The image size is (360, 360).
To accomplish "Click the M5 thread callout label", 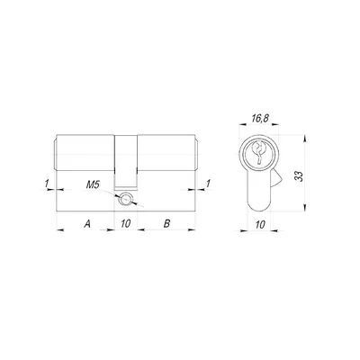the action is [93, 185].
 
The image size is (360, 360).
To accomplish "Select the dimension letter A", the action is [87, 224].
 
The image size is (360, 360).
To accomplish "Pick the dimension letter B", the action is [166, 224].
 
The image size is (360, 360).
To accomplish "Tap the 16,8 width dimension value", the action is [260, 119].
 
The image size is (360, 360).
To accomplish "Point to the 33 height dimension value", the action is [299, 176].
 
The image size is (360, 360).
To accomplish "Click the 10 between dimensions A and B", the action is [126, 224].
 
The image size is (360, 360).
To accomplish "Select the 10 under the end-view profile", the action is [260, 224].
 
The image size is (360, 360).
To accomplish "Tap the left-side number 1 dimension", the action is [47, 184].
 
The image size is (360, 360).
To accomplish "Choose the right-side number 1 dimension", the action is [208, 184].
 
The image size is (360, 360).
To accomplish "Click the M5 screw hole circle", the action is [124, 199].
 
